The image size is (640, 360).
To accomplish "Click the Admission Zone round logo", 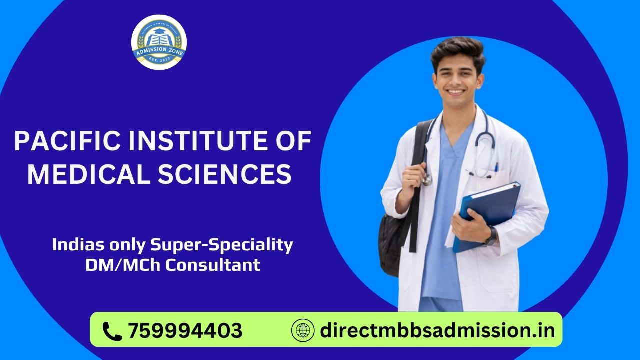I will click(x=159, y=42).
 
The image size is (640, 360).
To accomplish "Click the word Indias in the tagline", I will click(x=74, y=245).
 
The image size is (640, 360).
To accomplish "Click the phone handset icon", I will click(x=112, y=330).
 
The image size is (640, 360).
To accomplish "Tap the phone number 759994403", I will click(x=185, y=330).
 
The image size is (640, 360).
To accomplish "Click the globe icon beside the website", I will click(x=303, y=330).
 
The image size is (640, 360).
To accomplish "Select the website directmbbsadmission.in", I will click(x=437, y=330).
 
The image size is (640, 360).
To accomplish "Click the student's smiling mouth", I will click(x=456, y=92).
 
